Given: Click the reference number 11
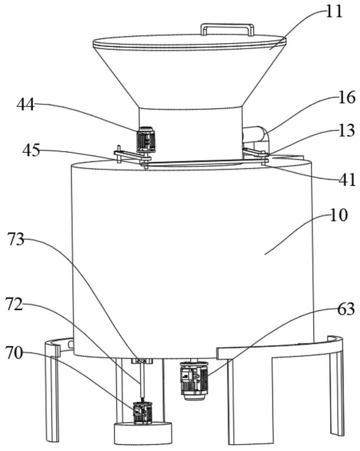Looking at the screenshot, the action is coord(335,11).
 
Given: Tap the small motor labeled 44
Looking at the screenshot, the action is coord(146,139).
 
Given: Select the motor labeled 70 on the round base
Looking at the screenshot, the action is coord(142,413).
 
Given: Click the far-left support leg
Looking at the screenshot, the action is coord(52,395).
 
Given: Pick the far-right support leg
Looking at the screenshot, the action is coord(336,389).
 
